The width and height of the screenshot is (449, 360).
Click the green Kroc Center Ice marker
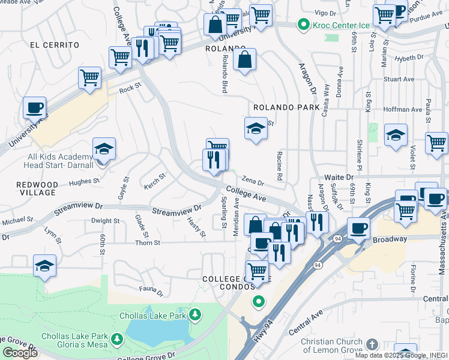click(x=304, y=25)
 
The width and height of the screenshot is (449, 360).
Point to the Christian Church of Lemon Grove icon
click(x=372, y=344)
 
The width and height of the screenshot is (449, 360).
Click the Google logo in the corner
click(x=20, y=353)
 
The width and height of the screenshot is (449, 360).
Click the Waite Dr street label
click(x=340, y=178)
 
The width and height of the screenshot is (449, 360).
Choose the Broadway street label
click(x=390, y=239)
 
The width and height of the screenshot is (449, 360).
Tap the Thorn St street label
click(x=147, y=243)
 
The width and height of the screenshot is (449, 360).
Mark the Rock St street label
click(x=129, y=88)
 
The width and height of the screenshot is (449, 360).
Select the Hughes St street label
click(x=83, y=181)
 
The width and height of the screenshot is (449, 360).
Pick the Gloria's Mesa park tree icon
click(x=118, y=340)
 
